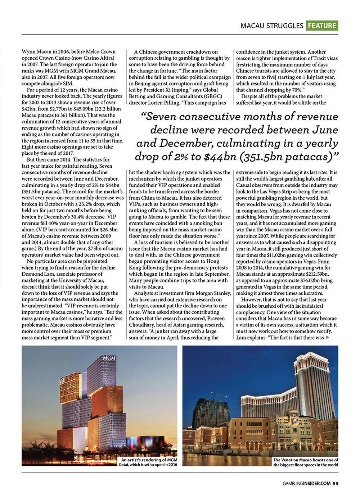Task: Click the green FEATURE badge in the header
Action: [322, 26]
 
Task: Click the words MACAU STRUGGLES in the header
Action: [272, 26]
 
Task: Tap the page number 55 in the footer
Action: [335, 483]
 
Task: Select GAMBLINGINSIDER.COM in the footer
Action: [306, 483]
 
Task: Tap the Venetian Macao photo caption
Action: [306, 462]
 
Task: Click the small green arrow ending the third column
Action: [327, 338]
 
